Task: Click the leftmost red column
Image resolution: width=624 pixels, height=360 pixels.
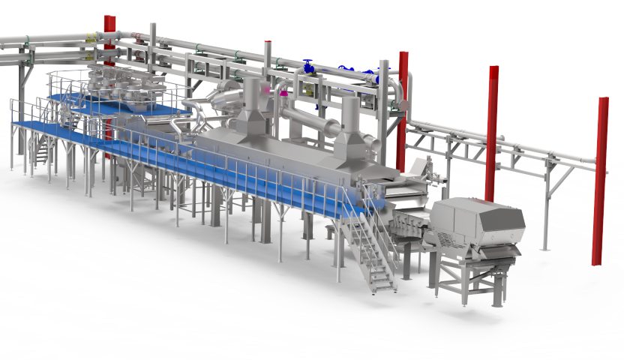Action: [x=109, y=45]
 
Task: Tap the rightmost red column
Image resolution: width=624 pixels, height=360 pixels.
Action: [x=601, y=180]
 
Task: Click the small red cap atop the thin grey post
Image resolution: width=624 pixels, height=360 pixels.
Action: [x=268, y=42]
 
